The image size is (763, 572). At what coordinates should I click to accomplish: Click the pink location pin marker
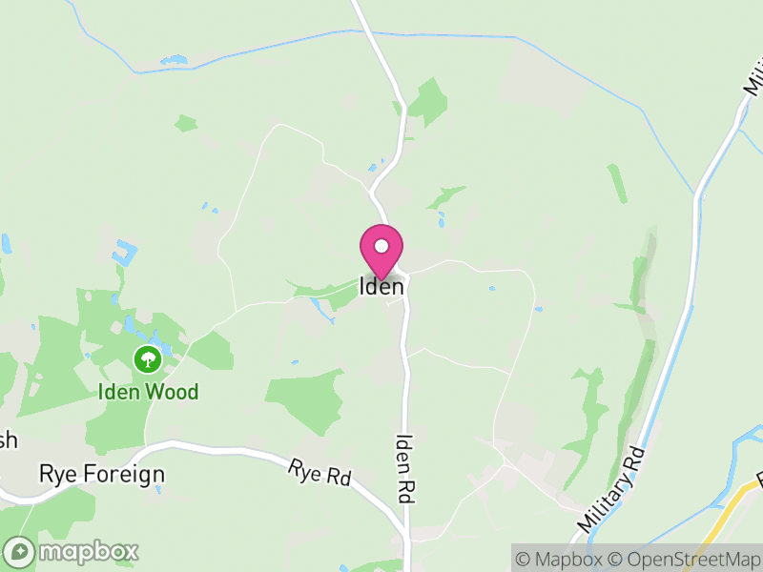381,251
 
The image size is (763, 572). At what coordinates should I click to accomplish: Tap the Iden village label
381,286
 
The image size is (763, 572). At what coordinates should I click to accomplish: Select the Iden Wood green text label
147,392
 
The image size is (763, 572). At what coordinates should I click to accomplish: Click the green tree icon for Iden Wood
147,359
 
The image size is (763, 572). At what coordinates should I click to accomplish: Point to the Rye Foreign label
101,474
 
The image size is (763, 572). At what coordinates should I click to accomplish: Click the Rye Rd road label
319,474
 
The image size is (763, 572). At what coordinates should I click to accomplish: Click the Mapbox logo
72,551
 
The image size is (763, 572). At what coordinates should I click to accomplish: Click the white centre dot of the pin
381,246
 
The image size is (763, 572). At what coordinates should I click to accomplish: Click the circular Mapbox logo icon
19,551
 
